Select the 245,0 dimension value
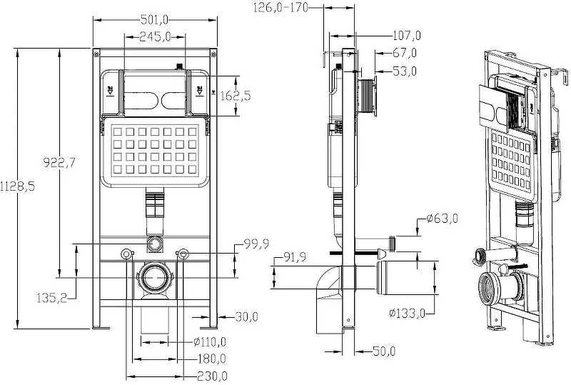[154, 36]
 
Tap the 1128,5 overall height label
[18, 185]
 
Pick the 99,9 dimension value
[256, 244]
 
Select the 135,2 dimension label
[51, 297]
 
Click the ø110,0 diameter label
[210, 341]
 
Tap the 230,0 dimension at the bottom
[212, 376]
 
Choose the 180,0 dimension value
[211, 359]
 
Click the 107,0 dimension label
[407, 35]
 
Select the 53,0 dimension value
[404, 70]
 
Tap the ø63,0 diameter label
[442, 219]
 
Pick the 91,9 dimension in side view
[296, 257]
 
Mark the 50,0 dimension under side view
[383, 351]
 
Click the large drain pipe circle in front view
[155, 276]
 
